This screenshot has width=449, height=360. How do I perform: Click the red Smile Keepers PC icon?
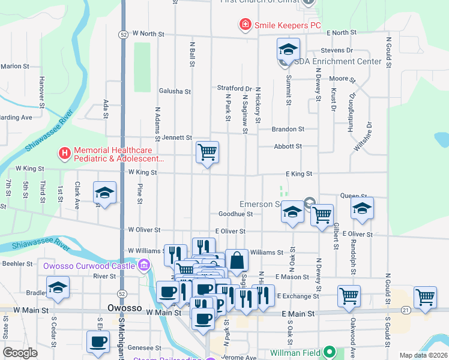click(245, 25)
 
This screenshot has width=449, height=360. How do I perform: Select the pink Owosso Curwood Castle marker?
click(143, 265)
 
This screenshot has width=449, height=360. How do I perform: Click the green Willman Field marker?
click(328, 352)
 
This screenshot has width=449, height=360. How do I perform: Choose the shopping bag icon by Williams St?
click(237, 260)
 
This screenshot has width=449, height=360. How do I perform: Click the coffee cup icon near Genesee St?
click(98, 342)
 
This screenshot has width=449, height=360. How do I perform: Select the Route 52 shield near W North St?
click(122, 34)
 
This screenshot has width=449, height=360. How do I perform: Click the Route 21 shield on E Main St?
click(406, 310)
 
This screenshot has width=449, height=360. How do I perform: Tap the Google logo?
click(20, 353)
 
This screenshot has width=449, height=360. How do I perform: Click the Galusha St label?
click(175, 91)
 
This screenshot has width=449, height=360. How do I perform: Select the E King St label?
click(298, 173)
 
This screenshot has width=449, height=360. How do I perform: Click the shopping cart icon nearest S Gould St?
click(425, 296)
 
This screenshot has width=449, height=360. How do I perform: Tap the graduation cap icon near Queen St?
click(362, 208)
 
